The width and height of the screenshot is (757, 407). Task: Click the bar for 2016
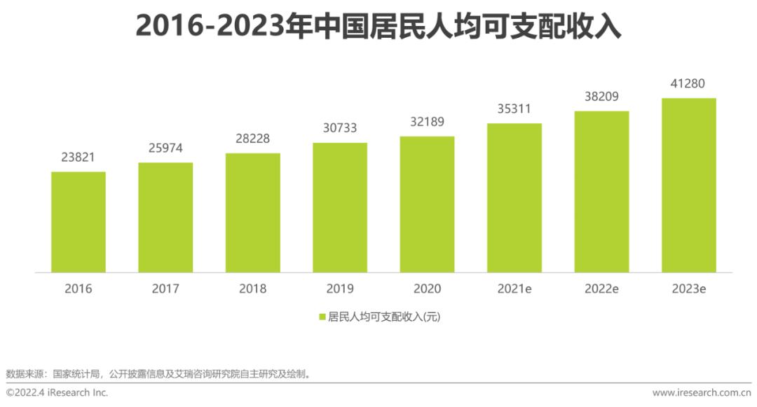[x=79, y=222]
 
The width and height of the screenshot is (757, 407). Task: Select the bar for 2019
[x=340, y=207]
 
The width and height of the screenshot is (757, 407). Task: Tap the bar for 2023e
[x=689, y=185]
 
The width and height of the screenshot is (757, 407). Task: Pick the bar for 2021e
[x=514, y=198]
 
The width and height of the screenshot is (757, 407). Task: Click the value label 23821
[x=79, y=158]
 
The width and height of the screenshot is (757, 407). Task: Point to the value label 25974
[x=165, y=149]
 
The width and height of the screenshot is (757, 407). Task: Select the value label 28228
[x=252, y=139]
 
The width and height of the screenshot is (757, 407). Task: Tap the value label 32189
[x=427, y=122]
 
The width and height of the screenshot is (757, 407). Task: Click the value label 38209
[x=601, y=97]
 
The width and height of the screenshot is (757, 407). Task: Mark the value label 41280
[x=689, y=84]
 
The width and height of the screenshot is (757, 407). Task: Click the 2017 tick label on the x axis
[x=165, y=289]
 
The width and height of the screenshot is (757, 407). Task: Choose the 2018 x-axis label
[x=252, y=289]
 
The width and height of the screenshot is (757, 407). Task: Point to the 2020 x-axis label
[x=427, y=289]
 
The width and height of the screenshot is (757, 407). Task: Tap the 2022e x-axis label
[x=601, y=289]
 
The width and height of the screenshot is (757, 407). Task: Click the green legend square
[x=322, y=317]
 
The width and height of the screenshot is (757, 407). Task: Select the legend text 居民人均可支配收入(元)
[x=384, y=317]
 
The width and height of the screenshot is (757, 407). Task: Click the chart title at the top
[x=378, y=26]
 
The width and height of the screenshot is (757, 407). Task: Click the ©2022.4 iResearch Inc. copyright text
[x=57, y=393]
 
